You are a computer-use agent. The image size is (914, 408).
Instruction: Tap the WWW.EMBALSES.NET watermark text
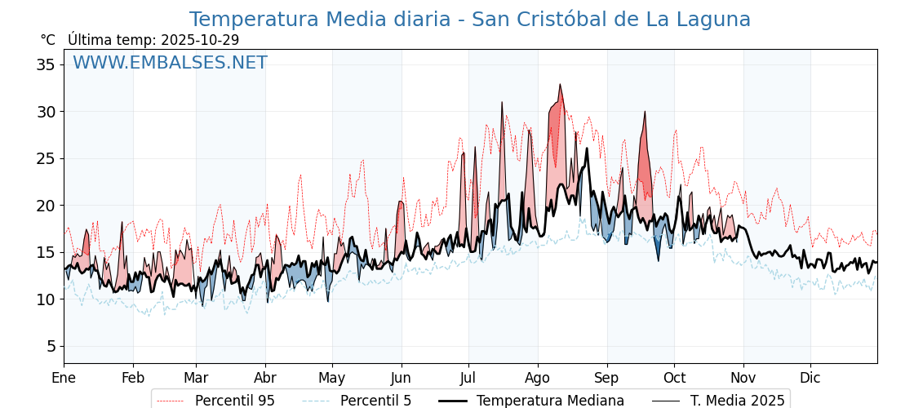click(170, 63)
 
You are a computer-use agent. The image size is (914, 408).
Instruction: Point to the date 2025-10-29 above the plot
click(200, 40)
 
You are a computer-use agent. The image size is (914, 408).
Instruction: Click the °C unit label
click(47, 40)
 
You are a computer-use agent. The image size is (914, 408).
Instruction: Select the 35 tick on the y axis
click(47, 64)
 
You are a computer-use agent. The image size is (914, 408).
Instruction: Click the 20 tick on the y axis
click(47, 206)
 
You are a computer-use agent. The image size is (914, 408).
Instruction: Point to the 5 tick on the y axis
click(51, 346)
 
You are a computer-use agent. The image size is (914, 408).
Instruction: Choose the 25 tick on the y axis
click(47, 158)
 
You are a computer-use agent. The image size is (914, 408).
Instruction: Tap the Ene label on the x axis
click(64, 378)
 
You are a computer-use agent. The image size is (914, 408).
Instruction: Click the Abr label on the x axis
click(265, 378)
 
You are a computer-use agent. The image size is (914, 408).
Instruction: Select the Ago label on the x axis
click(537, 378)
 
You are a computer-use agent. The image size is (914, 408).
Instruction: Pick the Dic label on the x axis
click(810, 378)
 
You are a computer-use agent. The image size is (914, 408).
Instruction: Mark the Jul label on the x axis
click(468, 378)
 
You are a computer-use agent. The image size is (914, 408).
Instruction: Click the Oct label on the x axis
click(674, 378)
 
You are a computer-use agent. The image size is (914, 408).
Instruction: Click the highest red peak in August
click(560, 85)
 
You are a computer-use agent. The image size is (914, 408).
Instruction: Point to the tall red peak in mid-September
click(645, 113)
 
